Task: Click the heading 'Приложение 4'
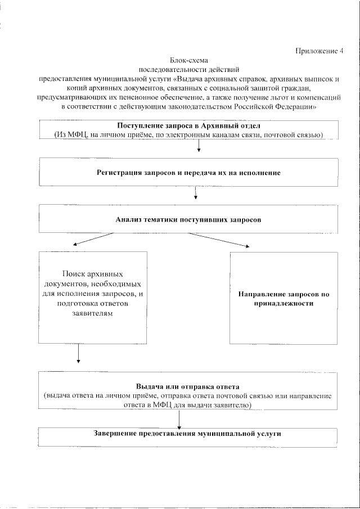pyautogui.click(x=319, y=51)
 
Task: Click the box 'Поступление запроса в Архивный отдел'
pyautogui.click(x=188, y=130)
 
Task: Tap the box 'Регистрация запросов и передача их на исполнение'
pyautogui.click(x=188, y=172)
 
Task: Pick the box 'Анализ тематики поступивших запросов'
pyautogui.click(x=188, y=219)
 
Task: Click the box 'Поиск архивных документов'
pyautogui.click(x=93, y=296)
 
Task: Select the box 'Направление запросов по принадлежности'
pyautogui.click(x=283, y=298)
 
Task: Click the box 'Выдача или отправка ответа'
pyautogui.click(x=188, y=391)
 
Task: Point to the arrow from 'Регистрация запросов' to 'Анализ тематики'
pyautogui.click(x=195, y=193)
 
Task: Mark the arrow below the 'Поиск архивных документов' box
pyautogui.click(x=78, y=353)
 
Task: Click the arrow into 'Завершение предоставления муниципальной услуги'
pyautogui.click(x=179, y=418)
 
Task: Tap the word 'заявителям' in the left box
pyautogui.click(x=93, y=314)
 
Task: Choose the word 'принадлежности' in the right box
pyautogui.click(x=283, y=303)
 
